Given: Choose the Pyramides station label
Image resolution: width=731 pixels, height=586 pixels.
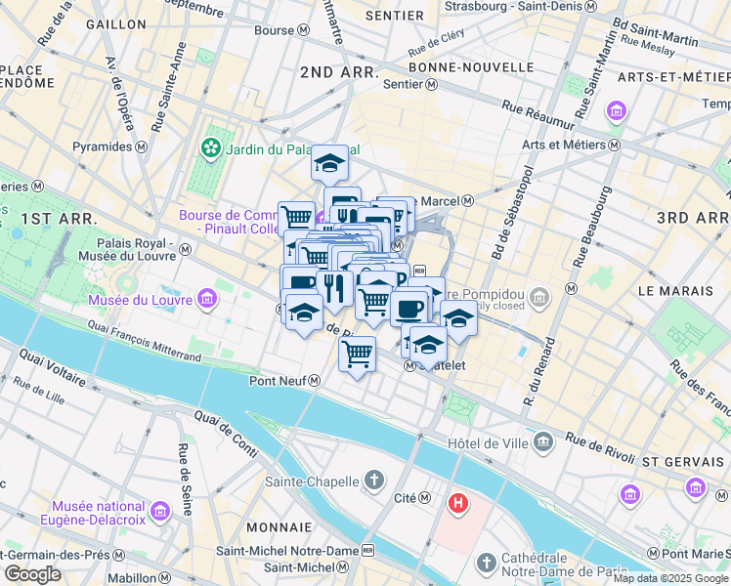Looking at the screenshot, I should [110, 146].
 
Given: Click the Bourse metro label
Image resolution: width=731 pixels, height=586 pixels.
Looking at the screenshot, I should [281, 30].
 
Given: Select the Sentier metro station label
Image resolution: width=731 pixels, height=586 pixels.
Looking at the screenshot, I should [410, 84].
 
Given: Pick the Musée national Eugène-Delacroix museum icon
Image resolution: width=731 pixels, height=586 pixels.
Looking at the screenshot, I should [159, 509].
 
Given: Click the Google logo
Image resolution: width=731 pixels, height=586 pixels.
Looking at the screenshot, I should [33, 574].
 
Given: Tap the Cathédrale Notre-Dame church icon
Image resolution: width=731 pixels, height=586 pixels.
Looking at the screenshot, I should [486, 564].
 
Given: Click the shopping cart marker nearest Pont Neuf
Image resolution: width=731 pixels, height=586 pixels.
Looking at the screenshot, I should [358, 354].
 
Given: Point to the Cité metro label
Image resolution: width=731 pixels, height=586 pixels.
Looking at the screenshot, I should [411, 498].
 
